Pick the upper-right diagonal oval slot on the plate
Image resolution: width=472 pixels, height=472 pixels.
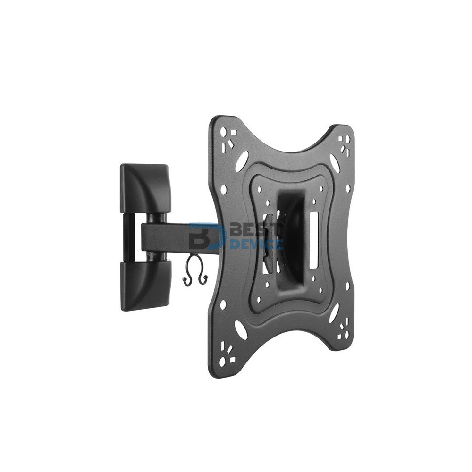[x=334, y=163]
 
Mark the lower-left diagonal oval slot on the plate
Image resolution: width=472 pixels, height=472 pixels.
[x=241, y=330]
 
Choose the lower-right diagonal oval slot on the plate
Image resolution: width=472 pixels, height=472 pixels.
[x=334, y=312]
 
